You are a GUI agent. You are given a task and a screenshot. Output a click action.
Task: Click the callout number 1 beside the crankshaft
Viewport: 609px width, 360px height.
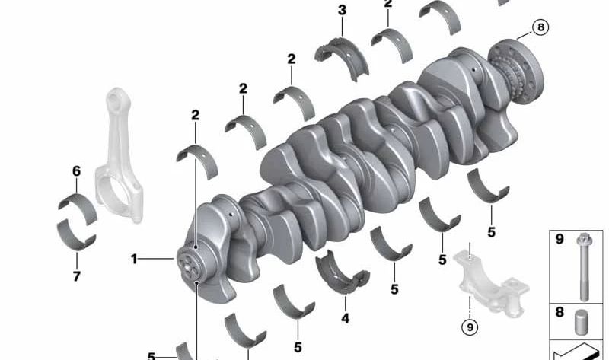(134, 259)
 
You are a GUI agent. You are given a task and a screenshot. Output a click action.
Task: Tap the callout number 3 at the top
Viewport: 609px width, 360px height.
(342, 11)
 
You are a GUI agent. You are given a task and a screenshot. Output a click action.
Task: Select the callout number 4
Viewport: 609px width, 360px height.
(346, 318)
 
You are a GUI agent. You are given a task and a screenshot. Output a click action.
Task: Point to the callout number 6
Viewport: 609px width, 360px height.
(77, 171)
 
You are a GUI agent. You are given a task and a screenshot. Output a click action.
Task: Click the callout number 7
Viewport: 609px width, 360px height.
(77, 276)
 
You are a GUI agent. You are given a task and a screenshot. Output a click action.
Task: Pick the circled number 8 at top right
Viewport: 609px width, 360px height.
(540, 27)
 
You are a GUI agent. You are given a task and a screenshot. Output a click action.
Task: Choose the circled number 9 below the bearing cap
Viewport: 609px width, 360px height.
(470, 327)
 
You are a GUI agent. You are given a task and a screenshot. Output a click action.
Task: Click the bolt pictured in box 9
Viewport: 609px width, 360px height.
(583, 267)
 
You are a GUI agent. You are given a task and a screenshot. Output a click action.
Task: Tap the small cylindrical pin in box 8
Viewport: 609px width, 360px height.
(581, 323)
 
